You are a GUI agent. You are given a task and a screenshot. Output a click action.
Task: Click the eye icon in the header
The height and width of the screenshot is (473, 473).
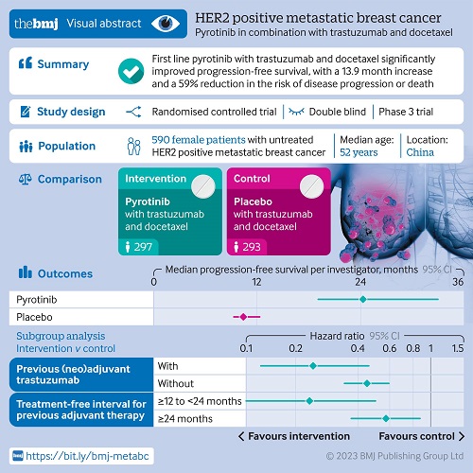point(166,24)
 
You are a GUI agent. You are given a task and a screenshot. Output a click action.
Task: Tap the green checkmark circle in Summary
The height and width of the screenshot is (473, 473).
point(131,71)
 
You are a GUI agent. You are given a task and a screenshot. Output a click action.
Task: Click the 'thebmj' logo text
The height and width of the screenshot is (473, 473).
point(36,24)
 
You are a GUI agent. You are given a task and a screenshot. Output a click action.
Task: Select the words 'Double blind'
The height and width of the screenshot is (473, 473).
point(338,112)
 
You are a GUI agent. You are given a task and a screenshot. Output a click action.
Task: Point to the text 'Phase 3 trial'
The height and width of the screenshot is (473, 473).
point(406,112)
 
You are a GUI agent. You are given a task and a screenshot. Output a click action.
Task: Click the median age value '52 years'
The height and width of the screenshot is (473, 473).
point(359,152)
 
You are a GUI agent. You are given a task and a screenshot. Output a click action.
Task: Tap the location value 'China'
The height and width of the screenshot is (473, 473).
point(420,152)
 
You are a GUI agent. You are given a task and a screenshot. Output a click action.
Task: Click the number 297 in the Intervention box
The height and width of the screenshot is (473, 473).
point(143,247)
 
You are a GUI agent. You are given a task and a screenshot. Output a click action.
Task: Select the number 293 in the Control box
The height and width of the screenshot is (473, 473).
point(252,247)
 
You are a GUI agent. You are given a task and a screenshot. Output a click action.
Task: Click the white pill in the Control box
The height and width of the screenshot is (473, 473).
point(312,186)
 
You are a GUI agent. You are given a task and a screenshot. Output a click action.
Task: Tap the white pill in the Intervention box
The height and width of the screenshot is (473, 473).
point(203,186)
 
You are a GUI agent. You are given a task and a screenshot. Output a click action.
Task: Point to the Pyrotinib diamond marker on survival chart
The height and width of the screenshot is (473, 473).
point(363,299)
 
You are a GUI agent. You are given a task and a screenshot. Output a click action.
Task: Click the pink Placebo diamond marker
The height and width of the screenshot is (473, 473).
point(243,317)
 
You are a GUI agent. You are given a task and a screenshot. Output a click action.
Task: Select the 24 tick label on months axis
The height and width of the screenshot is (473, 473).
point(360,282)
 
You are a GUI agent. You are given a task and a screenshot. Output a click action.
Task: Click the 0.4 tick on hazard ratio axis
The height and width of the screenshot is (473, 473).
point(358,348)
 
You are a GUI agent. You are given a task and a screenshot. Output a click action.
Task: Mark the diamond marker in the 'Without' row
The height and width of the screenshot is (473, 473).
point(367,383)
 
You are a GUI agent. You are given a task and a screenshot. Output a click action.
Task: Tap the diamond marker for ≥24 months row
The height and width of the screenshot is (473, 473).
point(386,419)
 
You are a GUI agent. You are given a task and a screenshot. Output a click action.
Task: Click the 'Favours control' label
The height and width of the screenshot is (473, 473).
point(416,436)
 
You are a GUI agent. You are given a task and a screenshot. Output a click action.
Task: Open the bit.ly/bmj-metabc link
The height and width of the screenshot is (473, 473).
point(87,456)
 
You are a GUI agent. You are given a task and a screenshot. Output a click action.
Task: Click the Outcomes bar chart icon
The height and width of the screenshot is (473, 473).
point(26,272)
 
